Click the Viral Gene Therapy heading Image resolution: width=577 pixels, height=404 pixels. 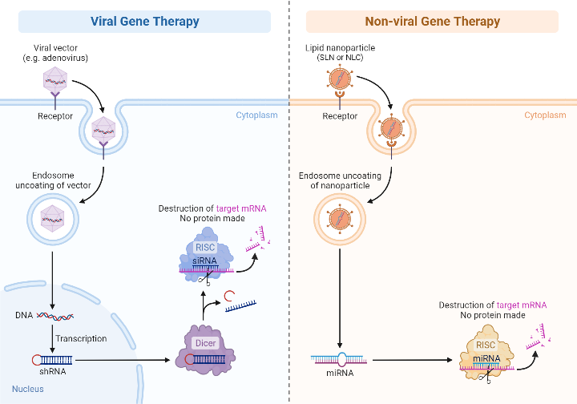[144, 21]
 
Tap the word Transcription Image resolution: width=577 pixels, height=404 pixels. [81, 338]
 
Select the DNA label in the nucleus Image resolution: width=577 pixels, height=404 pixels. [24, 315]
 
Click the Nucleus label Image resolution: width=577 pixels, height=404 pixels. [27, 390]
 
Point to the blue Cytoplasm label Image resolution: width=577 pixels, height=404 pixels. [256, 115]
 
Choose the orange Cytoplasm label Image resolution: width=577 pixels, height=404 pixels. [545, 115]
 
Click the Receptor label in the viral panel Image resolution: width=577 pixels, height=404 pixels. [55, 116]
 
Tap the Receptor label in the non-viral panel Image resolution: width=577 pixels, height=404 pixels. [340, 116]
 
